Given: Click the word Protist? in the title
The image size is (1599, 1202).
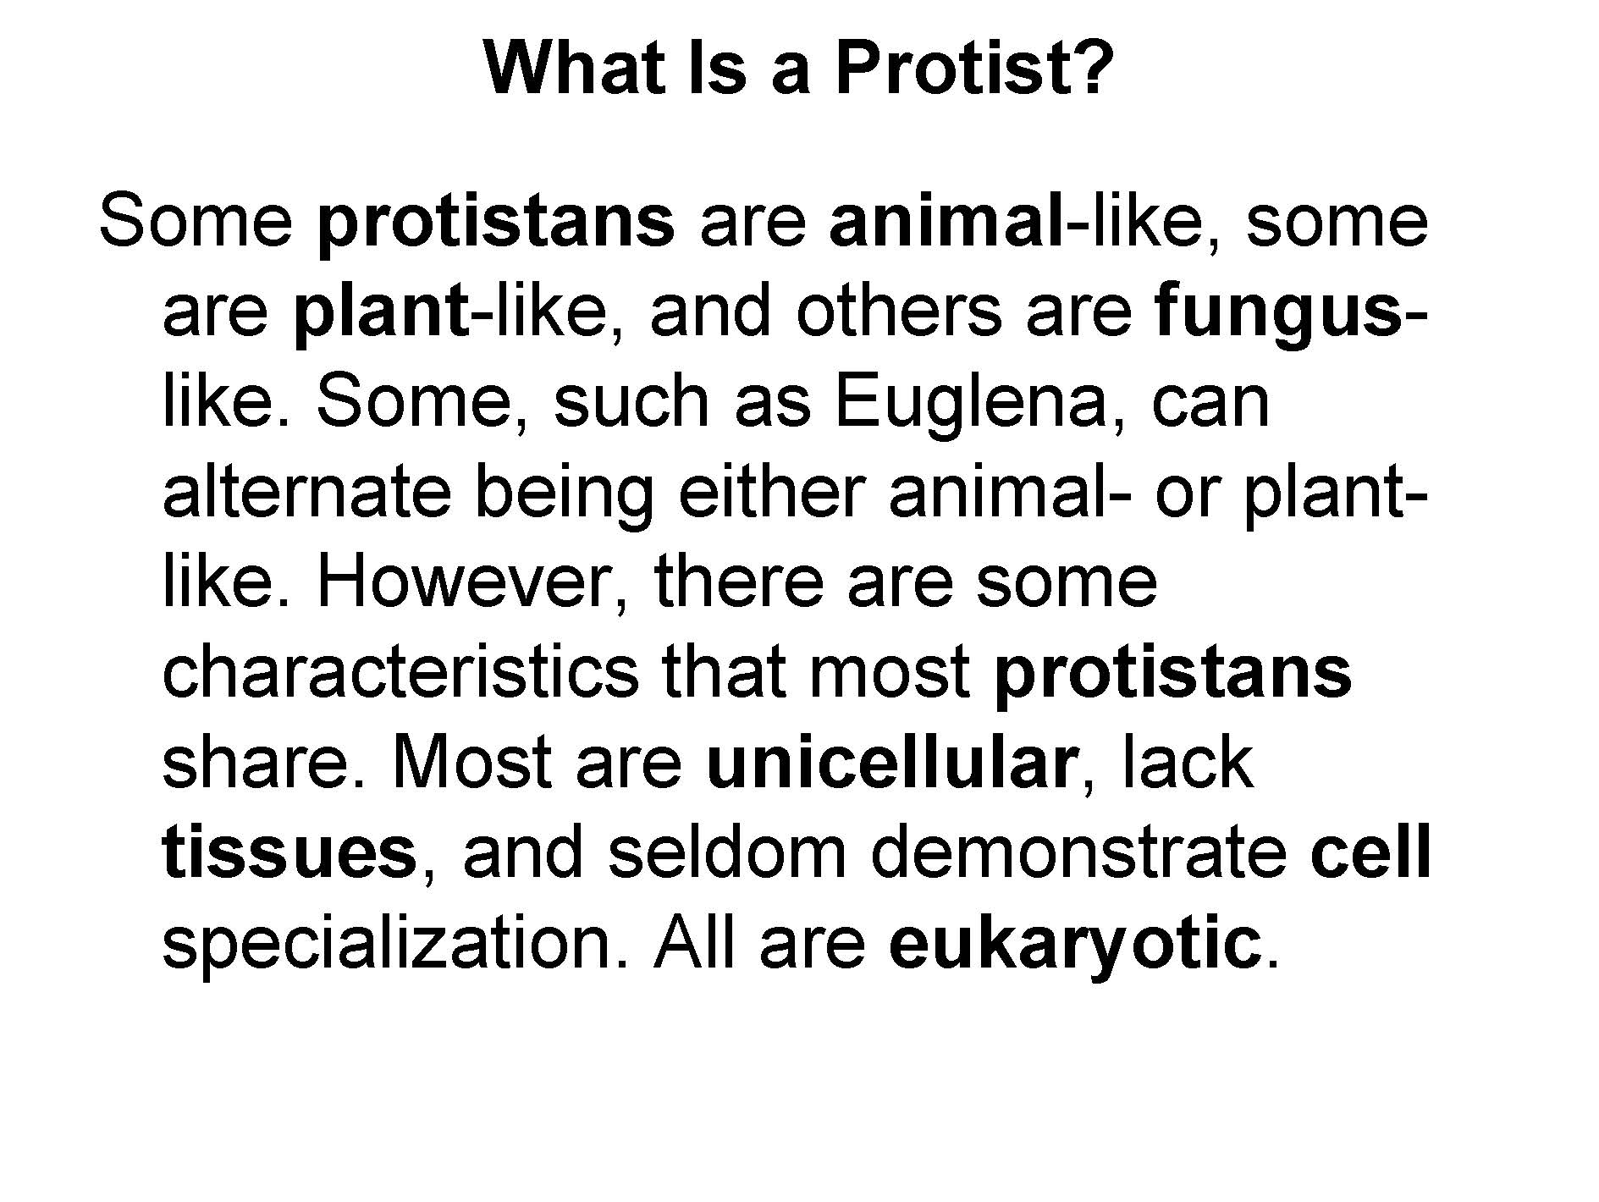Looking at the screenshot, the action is (973, 68).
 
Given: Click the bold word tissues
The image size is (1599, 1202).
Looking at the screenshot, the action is (289, 853).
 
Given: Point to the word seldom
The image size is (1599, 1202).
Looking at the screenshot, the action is (727, 852).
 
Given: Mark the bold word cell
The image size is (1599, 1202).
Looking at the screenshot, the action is (1370, 852).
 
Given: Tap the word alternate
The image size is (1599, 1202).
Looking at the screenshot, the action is (306, 493).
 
